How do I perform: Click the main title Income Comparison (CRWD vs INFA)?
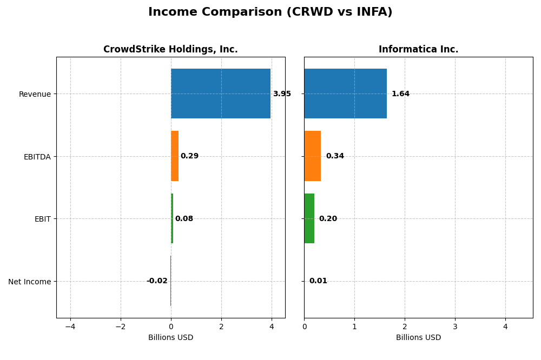coord(270,12)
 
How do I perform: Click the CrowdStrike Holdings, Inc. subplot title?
coord(170,49)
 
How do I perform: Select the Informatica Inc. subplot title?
coord(418,49)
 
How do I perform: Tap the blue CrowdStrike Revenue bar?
coord(221,94)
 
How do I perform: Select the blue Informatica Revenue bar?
coord(345,94)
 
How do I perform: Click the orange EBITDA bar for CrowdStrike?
coord(175,156)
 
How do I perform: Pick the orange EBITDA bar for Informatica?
coord(312,156)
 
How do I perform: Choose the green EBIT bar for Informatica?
coord(309,218)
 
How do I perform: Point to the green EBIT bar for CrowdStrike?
coord(172,218)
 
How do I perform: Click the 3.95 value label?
coord(282,94)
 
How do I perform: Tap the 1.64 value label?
coord(400,94)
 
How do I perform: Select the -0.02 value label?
coord(157,281)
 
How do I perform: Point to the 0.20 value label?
coord(328,219)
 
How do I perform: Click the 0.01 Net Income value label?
coord(318,281)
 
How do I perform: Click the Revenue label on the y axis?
coord(35,94)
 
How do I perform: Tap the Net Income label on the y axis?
coord(30,282)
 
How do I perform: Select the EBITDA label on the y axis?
coord(37,157)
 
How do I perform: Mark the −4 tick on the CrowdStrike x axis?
coord(70,326)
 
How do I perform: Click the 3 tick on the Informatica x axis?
coord(455,326)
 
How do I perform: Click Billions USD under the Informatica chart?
coord(418,337)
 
